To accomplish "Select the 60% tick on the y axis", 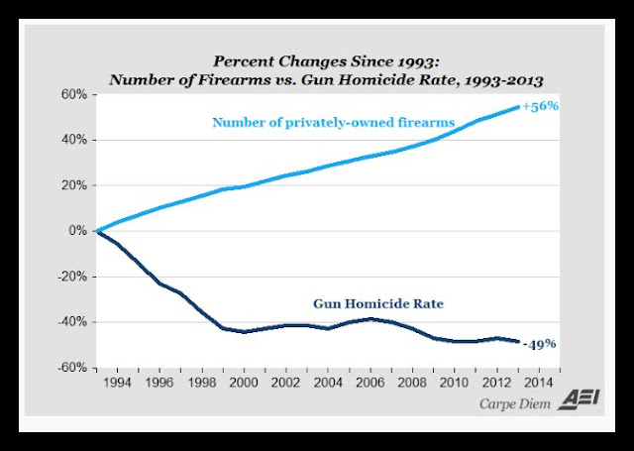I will tap(74, 95).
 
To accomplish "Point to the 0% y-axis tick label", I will tap(77, 231).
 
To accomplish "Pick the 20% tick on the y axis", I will tap(74, 185).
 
